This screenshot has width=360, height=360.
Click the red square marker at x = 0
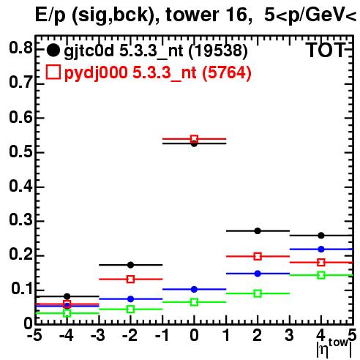click(x=194, y=139)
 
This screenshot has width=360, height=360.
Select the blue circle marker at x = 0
click(x=194, y=289)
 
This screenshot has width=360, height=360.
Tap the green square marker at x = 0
click(x=194, y=302)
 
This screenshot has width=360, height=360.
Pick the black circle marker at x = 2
click(x=258, y=230)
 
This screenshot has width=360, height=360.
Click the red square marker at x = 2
click(x=258, y=256)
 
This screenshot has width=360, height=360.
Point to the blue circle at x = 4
click(x=321, y=249)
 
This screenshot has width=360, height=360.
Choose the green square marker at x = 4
click(x=321, y=275)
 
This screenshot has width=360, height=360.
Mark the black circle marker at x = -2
click(x=131, y=265)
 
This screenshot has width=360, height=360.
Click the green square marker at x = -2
click(x=131, y=310)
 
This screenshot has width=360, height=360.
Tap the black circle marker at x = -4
click(x=67, y=296)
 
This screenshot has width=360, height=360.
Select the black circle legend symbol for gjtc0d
click(x=53, y=50)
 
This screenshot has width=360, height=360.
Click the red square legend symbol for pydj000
click(x=53, y=72)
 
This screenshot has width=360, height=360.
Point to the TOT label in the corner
click(x=326, y=50)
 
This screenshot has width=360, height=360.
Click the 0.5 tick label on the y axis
click(x=20, y=152)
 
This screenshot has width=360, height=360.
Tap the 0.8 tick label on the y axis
click(x=20, y=48)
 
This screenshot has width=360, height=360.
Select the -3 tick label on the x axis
click(x=98, y=336)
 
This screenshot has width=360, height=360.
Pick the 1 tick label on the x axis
click(x=227, y=336)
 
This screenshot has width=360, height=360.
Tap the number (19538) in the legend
click(x=218, y=50)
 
